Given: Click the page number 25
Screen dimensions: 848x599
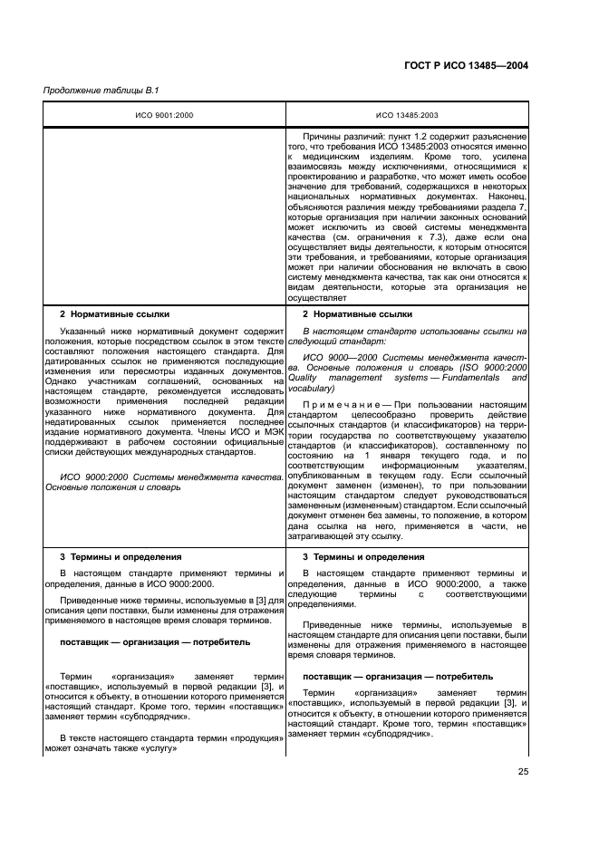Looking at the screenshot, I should click(x=523, y=771).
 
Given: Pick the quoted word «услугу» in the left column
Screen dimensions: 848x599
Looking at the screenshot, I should click(x=154, y=750).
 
